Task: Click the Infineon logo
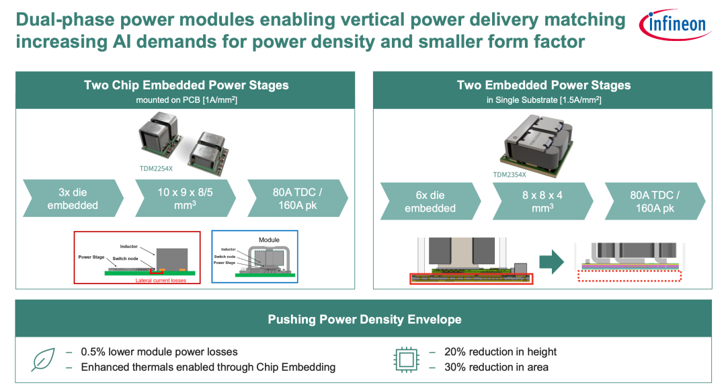pos(675,24)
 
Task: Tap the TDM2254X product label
pos(156,169)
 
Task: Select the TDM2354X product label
pos(510,175)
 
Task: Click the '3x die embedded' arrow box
pos(73,198)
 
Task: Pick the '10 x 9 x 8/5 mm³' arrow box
pos(186,198)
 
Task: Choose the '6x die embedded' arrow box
pos(431,202)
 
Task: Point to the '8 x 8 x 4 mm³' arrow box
pos(542,202)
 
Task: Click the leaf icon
pos(43,359)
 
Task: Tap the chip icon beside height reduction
pos(406,359)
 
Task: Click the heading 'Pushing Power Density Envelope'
pos(364,320)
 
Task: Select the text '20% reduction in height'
pos(501,352)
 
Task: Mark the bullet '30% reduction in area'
pos(496,368)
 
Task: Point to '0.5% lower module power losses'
pos(159,352)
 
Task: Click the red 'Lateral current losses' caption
pos(161,280)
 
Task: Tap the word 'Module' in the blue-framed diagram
pos(269,240)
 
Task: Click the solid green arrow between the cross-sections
pos(552,262)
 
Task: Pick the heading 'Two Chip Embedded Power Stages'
pos(186,85)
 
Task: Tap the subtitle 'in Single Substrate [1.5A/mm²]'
pos(544,100)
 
